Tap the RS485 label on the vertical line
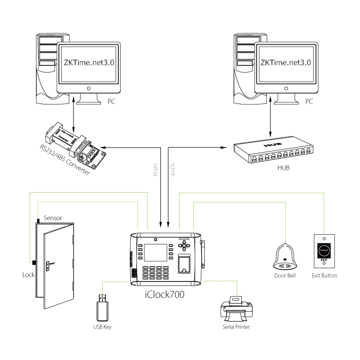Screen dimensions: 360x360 pos(156,169)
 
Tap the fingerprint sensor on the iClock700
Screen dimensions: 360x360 pos(186,265)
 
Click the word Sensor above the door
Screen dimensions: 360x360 pos(53,218)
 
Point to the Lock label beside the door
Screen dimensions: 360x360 pos(28,275)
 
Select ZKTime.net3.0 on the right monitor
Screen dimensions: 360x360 pos(285,64)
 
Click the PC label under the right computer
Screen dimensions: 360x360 pos(310,101)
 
